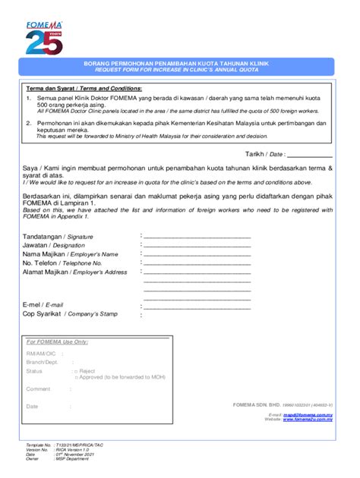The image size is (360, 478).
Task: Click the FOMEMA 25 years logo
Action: pyautogui.click(x=44, y=37)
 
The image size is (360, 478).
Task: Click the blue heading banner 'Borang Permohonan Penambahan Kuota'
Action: pyautogui.click(x=179, y=68)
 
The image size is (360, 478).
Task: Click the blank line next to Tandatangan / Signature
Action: pyautogui.click(x=197, y=237)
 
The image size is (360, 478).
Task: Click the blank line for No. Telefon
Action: pyautogui.click(x=197, y=263)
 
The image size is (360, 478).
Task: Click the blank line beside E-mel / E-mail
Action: pyautogui.click(x=197, y=307)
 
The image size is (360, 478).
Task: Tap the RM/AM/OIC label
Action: pyautogui.click(x=41, y=354)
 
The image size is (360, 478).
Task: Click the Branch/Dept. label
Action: pyautogui.click(x=43, y=363)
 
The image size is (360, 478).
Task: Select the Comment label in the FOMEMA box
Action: pyautogui.click(x=38, y=389)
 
